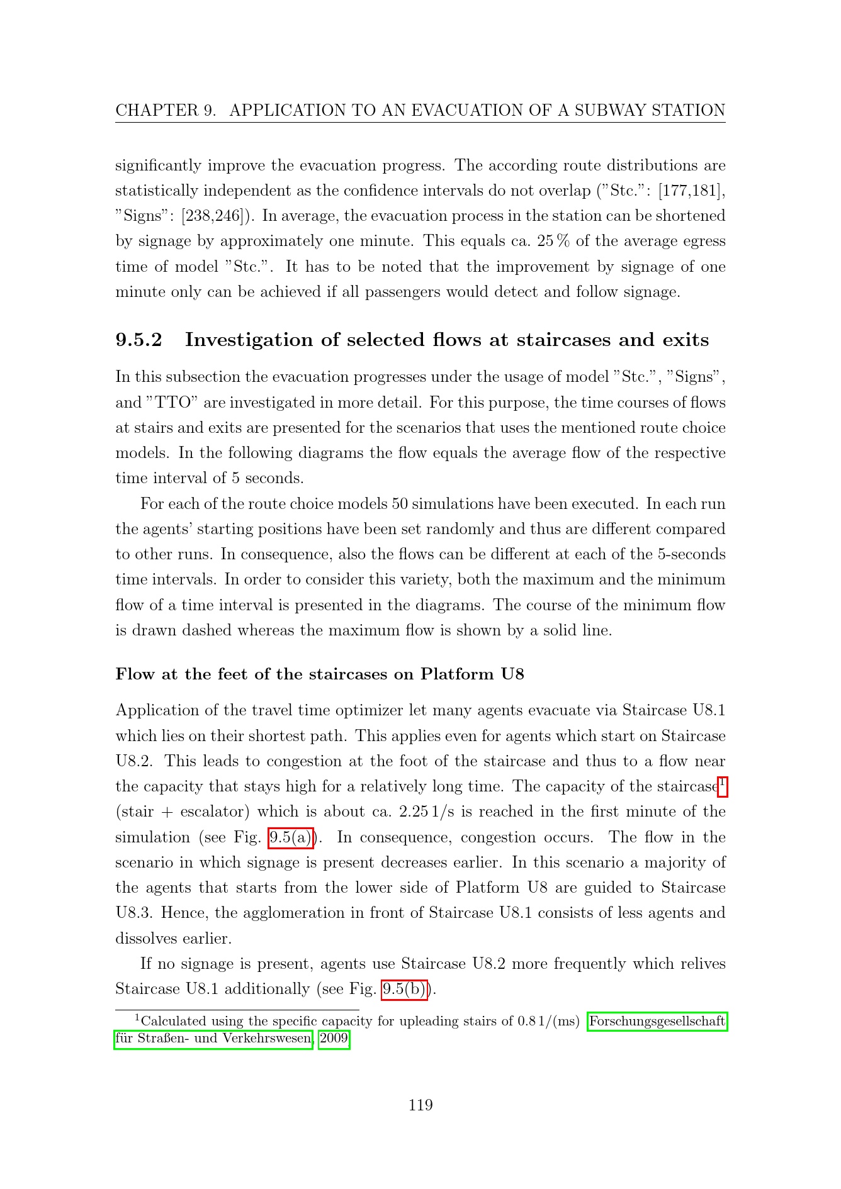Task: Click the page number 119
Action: pos(420,1105)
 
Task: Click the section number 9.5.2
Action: pos(138,340)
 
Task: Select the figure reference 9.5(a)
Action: pos(291,837)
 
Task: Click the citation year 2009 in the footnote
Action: pos(334,1038)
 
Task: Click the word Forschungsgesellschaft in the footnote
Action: pos(657,1020)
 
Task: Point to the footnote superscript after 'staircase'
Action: pos(723,783)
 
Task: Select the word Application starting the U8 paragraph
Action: pos(153,710)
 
